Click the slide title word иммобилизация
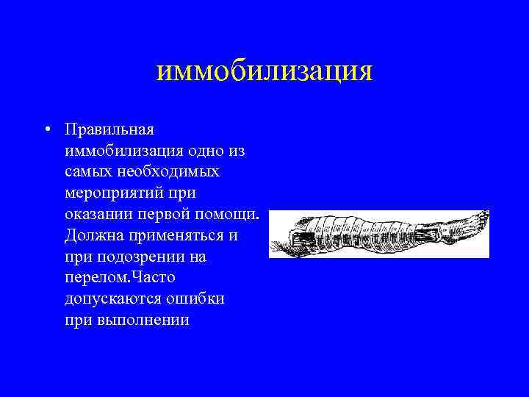pyautogui.click(x=264, y=71)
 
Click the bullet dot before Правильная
pyautogui.click(x=46, y=129)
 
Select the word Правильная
pyautogui.click(x=109, y=129)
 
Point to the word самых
pyautogui.click(x=87, y=172)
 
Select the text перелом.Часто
pyautogui.click(x=119, y=279)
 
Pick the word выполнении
pyautogui.click(x=142, y=321)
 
